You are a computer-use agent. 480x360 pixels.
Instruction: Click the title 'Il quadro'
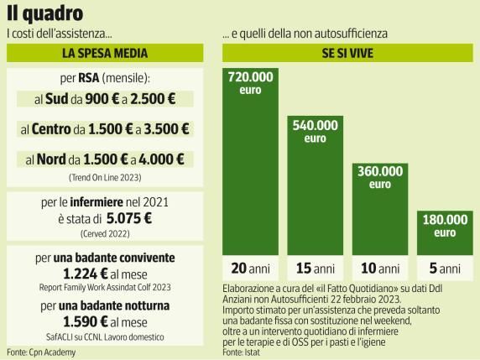tap(45, 13)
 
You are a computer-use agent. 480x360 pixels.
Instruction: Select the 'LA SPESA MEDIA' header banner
tap(105, 53)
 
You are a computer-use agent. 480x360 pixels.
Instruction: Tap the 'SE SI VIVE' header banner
tap(347, 53)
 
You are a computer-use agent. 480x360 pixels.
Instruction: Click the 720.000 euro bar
tap(250, 161)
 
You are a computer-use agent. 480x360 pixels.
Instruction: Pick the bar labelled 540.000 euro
tap(315, 185)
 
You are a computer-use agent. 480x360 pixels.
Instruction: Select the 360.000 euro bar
tap(380, 209)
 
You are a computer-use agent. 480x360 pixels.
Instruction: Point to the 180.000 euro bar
tap(445, 232)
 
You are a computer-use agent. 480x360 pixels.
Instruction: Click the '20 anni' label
tap(250, 269)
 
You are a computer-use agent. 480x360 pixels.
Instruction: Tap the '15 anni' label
tap(315, 269)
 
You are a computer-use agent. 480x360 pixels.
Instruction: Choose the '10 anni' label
tap(380, 269)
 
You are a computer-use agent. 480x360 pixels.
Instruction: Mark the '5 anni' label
tap(445, 269)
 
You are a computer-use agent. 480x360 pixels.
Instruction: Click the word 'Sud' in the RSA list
tap(56, 99)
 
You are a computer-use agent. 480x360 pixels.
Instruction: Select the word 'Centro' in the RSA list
tap(51, 129)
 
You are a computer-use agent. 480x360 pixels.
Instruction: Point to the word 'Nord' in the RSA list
tap(51, 159)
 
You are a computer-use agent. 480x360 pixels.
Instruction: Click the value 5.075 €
tap(129, 218)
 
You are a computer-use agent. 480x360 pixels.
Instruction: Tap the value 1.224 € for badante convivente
tap(86, 274)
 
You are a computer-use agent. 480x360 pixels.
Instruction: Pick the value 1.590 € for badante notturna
tap(86, 321)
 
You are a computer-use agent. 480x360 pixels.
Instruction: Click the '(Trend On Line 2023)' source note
tap(105, 178)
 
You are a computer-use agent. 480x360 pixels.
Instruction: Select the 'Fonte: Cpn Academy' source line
tap(41, 352)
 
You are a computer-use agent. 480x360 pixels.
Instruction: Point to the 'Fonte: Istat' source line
tap(241, 352)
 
